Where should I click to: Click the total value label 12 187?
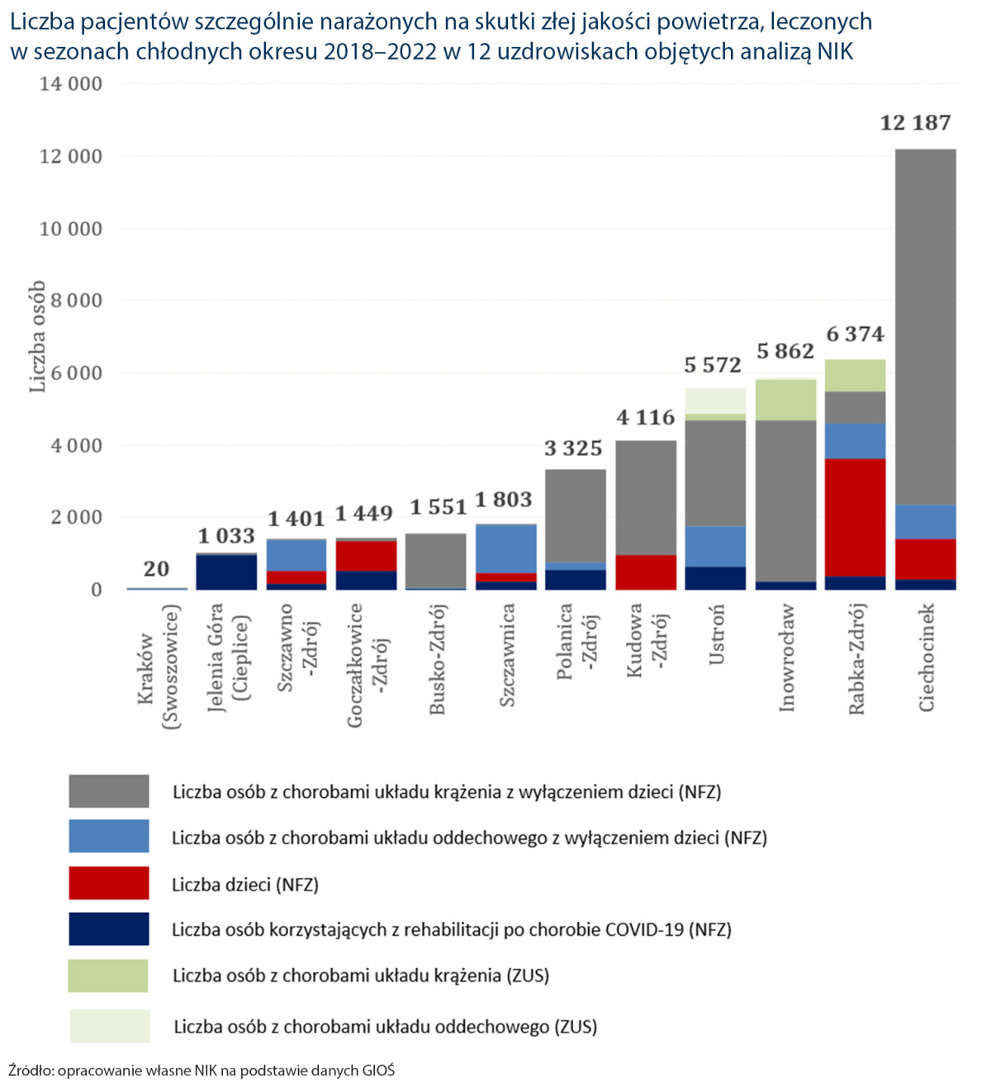coord(915,123)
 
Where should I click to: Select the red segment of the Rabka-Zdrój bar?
coord(855,516)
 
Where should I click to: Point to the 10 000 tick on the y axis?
coord(71,229)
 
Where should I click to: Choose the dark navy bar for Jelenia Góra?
coord(226,572)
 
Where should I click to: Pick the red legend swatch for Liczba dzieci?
coord(109,883)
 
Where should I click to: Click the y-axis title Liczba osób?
coord(37,336)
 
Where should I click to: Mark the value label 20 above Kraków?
coord(156,569)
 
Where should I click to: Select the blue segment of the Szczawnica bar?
coord(505,548)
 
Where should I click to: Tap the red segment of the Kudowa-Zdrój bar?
coord(646,572)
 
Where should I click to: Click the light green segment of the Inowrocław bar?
coord(785,400)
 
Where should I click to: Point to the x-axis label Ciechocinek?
coord(927,658)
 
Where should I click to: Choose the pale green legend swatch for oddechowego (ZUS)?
coord(109,1026)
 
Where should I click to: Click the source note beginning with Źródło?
coord(202,1071)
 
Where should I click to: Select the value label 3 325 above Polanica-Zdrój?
coord(573,449)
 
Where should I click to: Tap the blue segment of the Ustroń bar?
coord(715,546)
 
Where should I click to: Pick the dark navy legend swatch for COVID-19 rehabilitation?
coord(109,929)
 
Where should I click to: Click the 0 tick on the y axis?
coord(97,590)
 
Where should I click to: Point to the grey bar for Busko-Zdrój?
coord(435,561)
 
